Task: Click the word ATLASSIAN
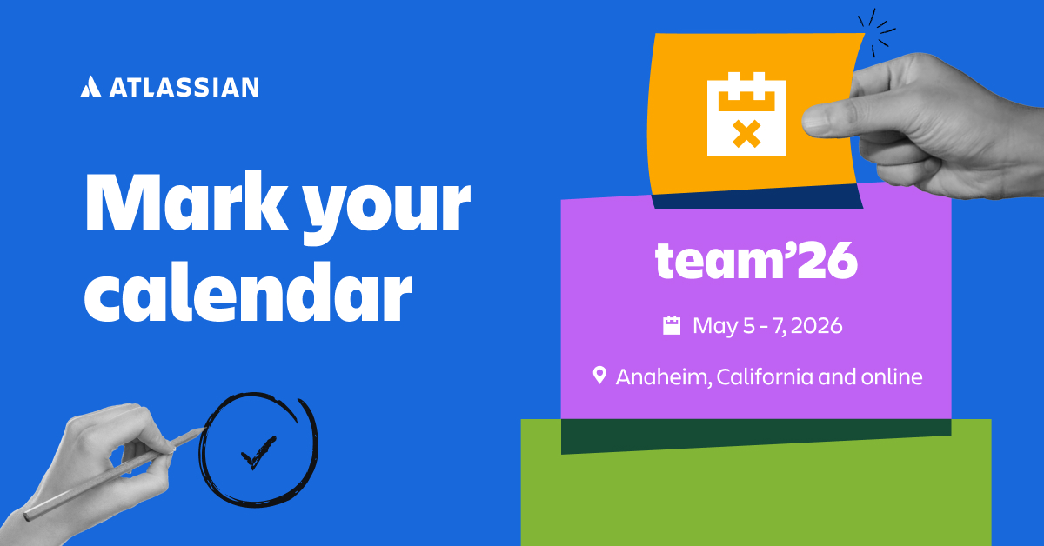tap(184, 87)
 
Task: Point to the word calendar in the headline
tap(247, 294)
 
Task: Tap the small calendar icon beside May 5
tap(672, 326)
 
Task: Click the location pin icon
tap(599, 376)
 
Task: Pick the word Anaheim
tap(662, 377)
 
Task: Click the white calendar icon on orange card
tap(746, 115)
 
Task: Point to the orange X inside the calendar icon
tap(746, 133)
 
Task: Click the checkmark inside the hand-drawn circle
tap(257, 452)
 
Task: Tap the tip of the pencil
tap(201, 428)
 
